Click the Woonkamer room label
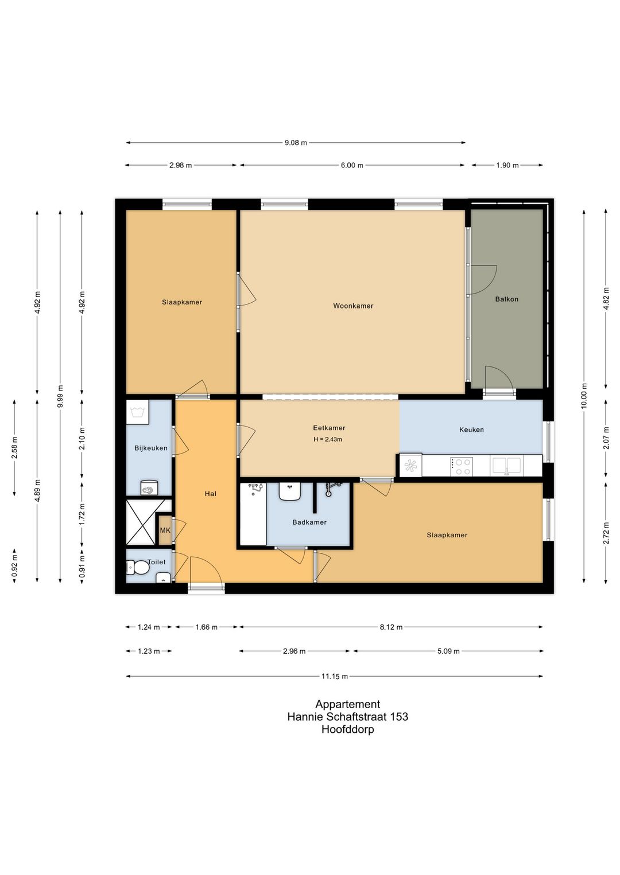point(353,306)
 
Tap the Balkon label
point(506,299)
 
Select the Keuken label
point(471,429)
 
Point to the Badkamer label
point(309,522)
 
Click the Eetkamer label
point(329,428)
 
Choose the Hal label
point(211,494)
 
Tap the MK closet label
point(165,530)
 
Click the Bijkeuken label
point(150,448)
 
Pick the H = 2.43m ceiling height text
point(328,439)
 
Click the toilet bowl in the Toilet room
point(138,568)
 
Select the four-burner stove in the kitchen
point(461,466)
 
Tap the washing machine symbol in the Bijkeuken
point(137,412)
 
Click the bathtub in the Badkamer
point(253,514)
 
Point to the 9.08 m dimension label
point(296,143)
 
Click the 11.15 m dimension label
point(335,677)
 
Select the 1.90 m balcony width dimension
point(507,165)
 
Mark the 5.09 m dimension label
point(448,651)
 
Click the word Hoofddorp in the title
point(348,729)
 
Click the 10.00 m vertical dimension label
point(584,395)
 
